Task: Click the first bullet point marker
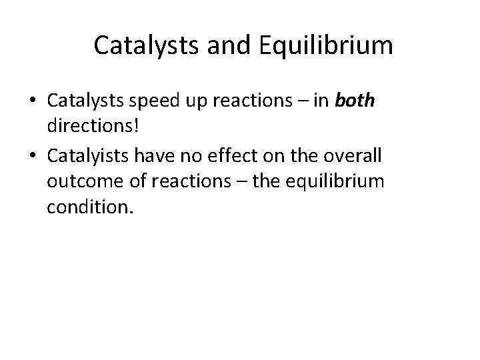coord(33,101)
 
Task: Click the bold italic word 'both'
coord(355,101)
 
